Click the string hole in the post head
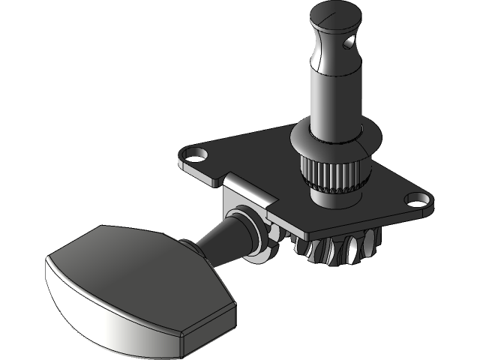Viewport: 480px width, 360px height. (x=346, y=44)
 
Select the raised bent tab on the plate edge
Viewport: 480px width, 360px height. (x=247, y=187)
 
